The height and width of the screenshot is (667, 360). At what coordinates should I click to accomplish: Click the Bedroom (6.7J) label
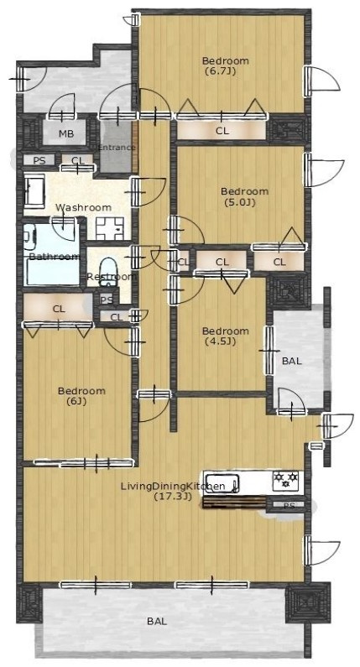(225, 65)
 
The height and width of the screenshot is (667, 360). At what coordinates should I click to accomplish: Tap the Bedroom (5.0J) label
(244, 196)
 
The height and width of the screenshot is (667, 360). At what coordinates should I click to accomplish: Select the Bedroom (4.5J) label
(225, 336)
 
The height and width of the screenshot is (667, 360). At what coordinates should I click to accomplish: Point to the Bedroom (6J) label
(81, 396)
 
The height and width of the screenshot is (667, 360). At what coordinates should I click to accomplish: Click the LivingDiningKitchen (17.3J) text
(173, 491)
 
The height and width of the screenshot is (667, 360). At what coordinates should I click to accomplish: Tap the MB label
(66, 133)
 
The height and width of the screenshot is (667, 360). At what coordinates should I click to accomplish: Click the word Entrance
(117, 148)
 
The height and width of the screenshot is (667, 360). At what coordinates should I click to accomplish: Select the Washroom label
(84, 207)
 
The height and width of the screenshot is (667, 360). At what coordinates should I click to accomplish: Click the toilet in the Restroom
(107, 268)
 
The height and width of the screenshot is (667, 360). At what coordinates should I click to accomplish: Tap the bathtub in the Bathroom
(52, 271)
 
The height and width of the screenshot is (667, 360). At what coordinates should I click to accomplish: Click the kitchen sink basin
(222, 482)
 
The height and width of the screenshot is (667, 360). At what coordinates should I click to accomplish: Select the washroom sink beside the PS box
(34, 190)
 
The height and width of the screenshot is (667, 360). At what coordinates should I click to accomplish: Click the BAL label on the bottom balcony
(157, 622)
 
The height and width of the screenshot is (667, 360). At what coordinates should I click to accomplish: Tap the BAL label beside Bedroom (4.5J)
(292, 361)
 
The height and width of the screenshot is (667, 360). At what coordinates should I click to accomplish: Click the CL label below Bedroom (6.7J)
(222, 131)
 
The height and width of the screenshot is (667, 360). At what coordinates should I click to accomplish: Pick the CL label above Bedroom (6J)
(59, 310)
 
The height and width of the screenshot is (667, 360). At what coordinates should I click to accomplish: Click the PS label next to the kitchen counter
(289, 506)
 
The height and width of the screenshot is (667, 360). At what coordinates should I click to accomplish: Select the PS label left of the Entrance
(39, 160)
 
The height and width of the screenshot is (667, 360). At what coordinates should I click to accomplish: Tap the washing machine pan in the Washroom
(110, 228)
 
